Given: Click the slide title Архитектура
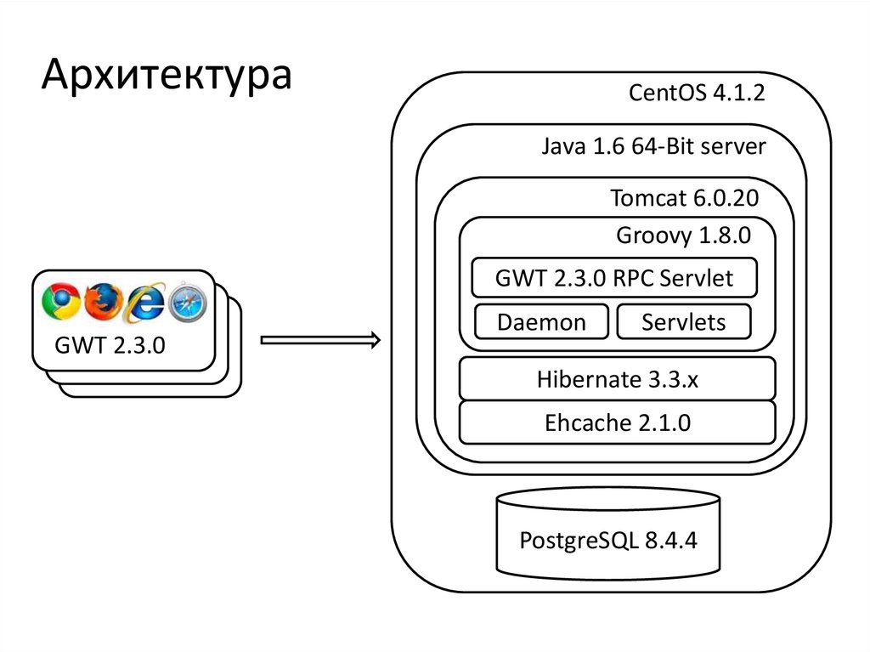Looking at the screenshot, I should click(x=167, y=75).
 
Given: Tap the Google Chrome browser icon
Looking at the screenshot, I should click(x=60, y=301).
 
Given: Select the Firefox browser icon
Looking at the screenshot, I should click(x=102, y=301).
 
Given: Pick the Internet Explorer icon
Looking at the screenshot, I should click(x=144, y=302).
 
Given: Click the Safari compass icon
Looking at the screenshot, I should click(x=187, y=302).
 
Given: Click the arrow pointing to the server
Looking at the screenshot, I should click(x=320, y=341).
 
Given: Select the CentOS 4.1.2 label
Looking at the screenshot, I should click(x=697, y=93).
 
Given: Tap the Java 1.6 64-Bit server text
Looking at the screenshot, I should click(x=653, y=146).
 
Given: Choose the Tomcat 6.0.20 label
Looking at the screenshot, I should click(x=684, y=198).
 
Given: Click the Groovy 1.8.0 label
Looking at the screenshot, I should click(x=683, y=235).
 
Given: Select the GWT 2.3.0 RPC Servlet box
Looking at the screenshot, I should click(x=613, y=278).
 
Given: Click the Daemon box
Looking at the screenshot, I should click(x=541, y=323).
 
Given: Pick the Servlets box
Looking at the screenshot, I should click(x=683, y=323).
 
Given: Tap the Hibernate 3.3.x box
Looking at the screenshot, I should click(x=617, y=379).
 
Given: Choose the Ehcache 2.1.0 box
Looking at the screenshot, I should click(x=617, y=422).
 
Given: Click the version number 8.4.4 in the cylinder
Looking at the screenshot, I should click(x=670, y=541).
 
